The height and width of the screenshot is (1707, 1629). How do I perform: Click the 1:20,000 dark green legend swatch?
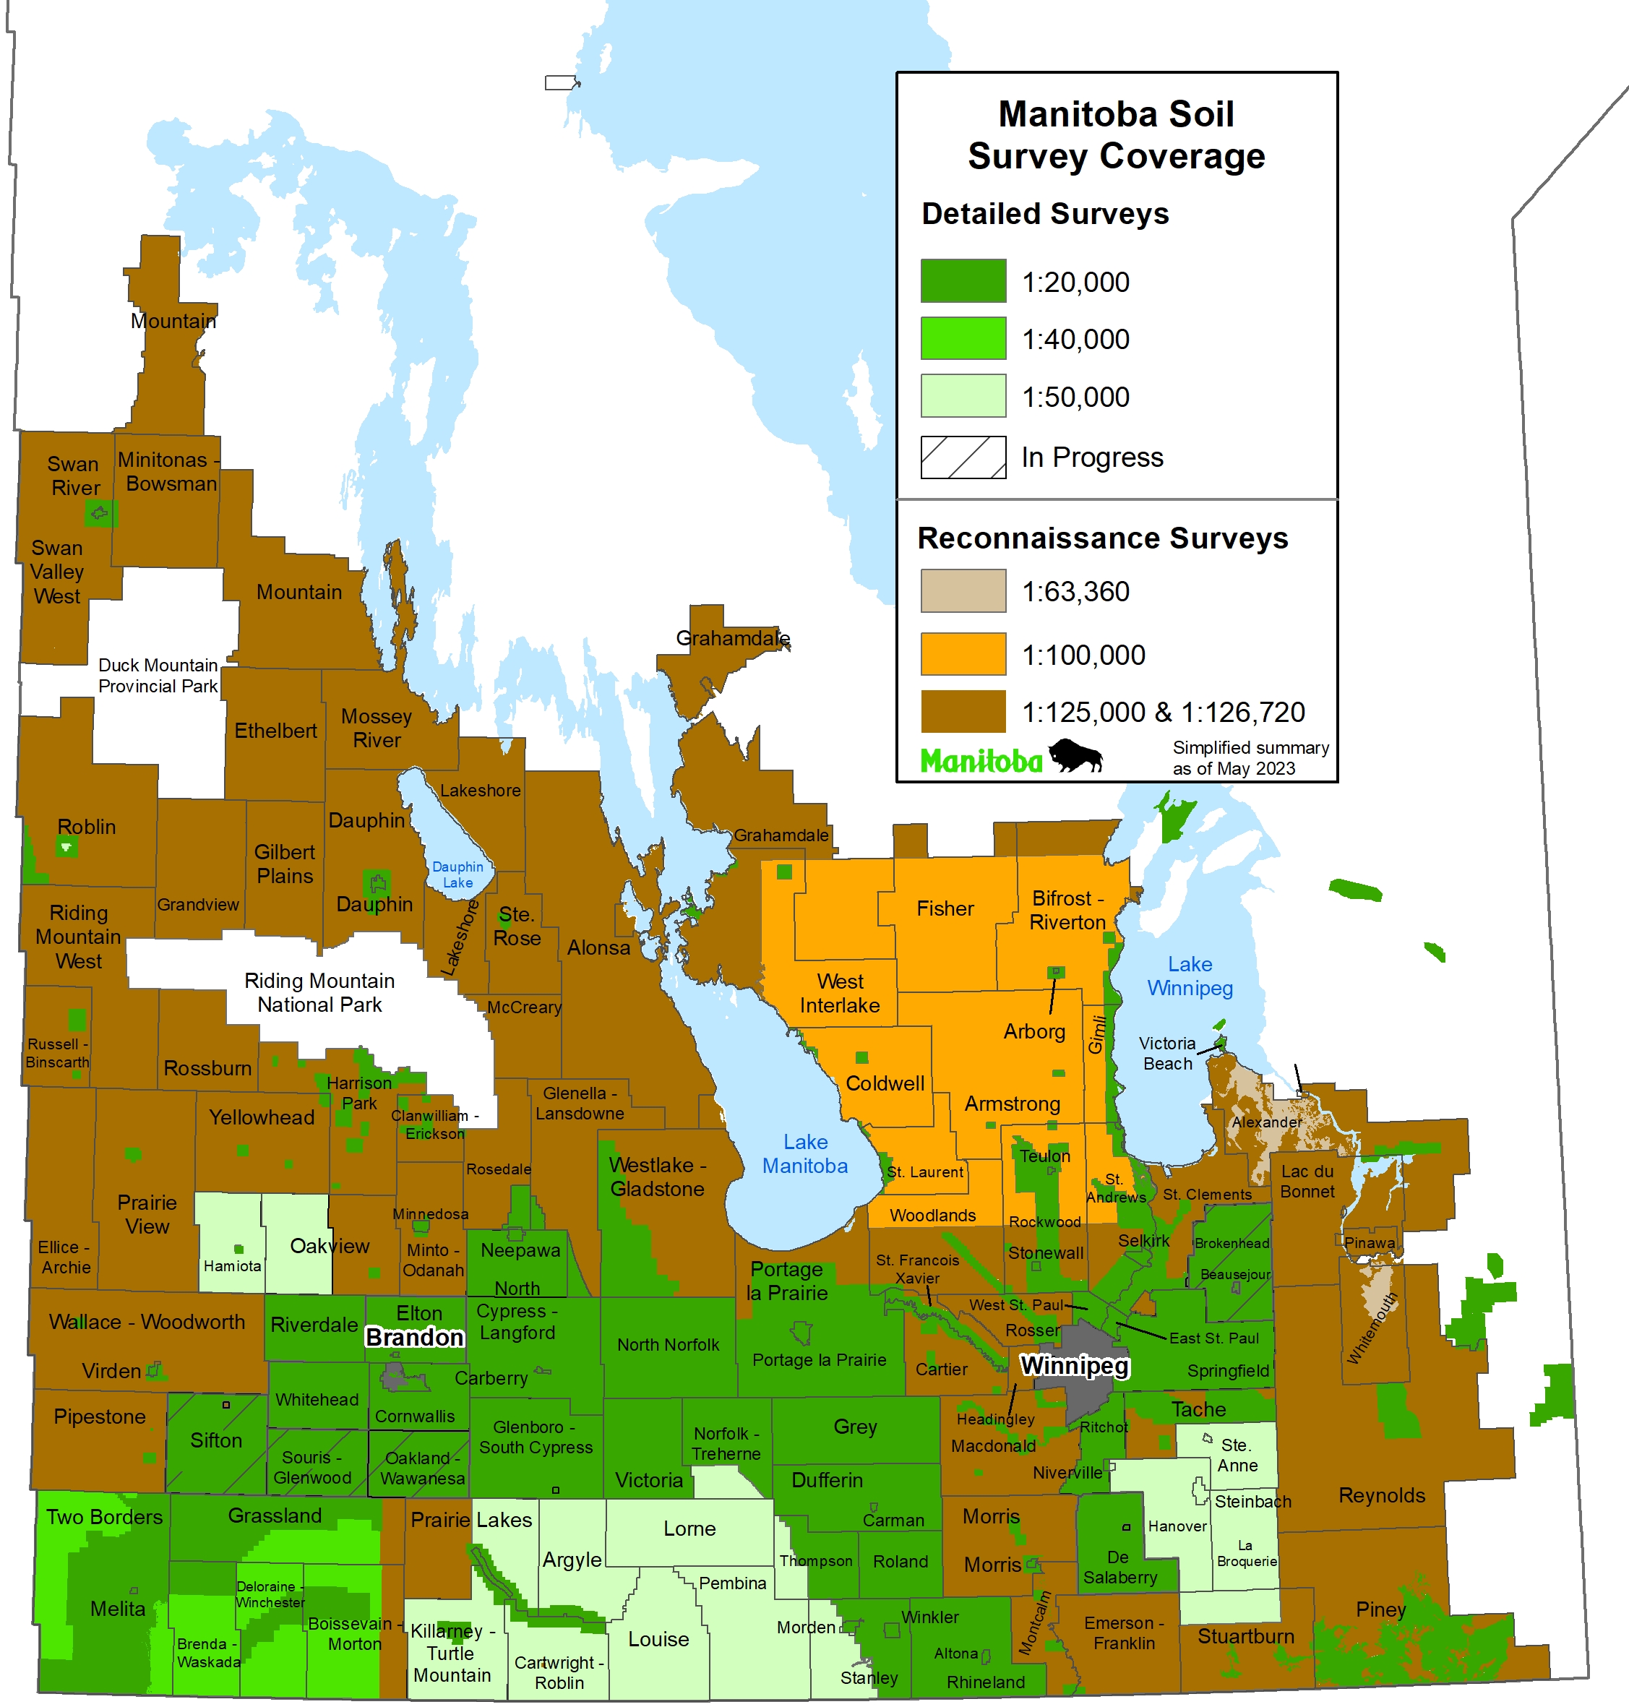[963, 280]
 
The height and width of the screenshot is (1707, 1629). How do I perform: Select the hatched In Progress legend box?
[963, 457]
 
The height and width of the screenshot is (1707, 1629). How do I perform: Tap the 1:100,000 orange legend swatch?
[963, 654]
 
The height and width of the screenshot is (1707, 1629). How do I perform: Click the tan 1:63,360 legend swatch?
[963, 590]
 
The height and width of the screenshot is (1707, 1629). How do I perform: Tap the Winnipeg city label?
[1074, 1366]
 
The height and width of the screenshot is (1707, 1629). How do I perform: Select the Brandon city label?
[414, 1337]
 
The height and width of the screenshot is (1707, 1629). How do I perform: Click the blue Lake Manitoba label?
[805, 1154]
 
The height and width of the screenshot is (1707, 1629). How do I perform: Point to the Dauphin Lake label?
[457, 874]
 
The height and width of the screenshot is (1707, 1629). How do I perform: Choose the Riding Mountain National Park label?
[319, 992]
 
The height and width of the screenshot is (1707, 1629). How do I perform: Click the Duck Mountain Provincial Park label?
[158, 676]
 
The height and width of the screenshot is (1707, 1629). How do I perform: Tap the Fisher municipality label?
[945, 908]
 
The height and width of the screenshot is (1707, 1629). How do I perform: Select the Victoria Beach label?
[1167, 1053]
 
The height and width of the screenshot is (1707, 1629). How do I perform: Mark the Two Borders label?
[104, 1517]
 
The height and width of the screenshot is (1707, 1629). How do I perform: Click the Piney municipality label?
[1380, 1609]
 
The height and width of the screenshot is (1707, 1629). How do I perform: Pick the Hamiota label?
[232, 1266]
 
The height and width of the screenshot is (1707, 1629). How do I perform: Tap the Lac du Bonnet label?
[1307, 1181]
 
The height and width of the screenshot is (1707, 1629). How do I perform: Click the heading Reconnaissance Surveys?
[1102, 538]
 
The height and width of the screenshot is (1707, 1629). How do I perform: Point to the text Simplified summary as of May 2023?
[1250, 757]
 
